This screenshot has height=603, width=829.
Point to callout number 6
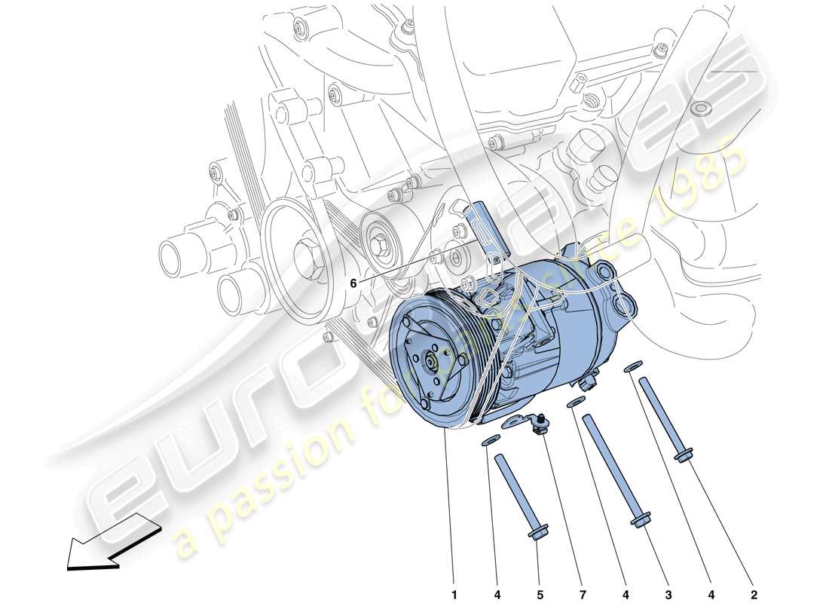coord(352,283)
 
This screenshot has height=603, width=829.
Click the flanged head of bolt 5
coord(538,534)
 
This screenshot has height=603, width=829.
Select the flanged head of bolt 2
coord(684,455)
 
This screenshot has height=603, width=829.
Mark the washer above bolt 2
coord(633,366)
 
